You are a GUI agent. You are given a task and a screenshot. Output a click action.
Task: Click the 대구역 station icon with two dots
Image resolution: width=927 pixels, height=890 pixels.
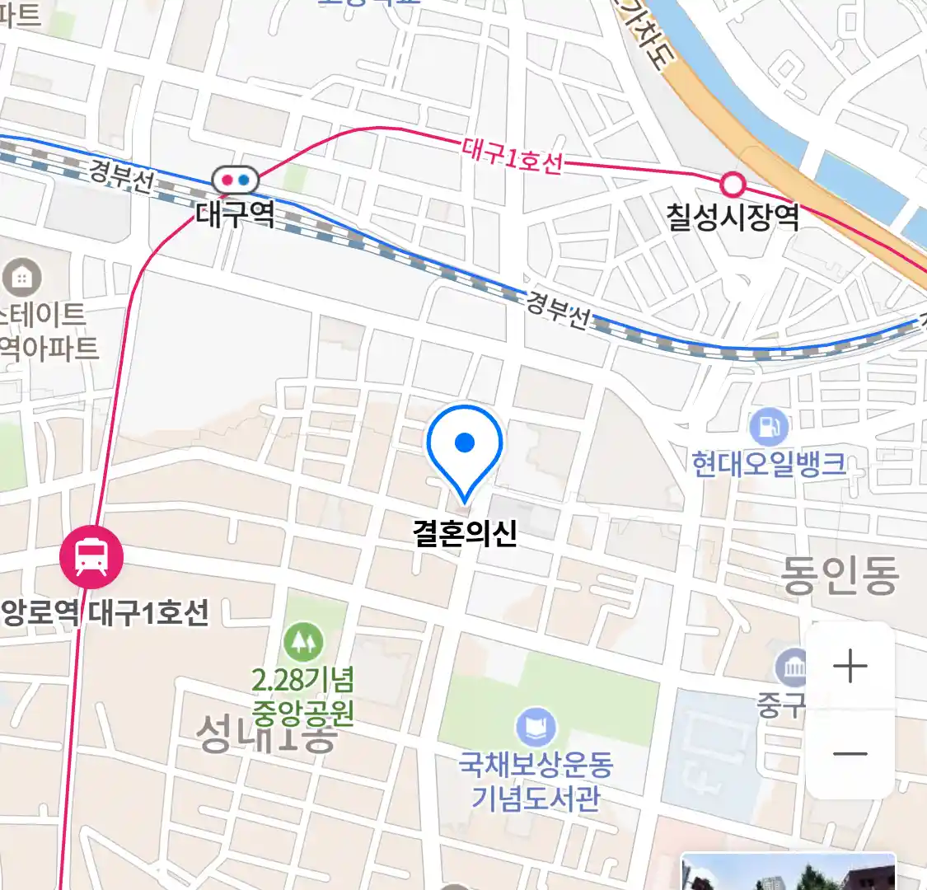[x=236, y=180]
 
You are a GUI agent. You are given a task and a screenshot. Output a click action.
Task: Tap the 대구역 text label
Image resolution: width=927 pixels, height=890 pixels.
[x=236, y=214]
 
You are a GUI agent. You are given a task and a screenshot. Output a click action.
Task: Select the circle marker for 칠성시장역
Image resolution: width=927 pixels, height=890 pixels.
[x=732, y=183]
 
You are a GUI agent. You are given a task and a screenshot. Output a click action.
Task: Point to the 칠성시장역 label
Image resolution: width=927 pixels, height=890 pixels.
[x=733, y=217]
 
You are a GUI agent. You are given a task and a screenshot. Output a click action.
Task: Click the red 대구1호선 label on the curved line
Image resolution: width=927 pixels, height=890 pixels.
[x=512, y=157]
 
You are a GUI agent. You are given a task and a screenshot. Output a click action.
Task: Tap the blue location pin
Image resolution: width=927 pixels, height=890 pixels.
[x=465, y=446]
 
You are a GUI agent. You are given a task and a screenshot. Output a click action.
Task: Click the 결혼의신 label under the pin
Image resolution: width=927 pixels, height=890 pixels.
[x=465, y=532]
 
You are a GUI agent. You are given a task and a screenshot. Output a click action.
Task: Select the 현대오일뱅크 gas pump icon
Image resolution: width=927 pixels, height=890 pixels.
[x=769, y=427]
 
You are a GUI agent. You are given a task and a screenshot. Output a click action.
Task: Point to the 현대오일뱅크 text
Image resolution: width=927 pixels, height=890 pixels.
[x=769, y=464]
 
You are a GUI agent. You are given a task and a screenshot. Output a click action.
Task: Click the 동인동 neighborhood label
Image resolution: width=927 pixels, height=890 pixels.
[x=839, y=575]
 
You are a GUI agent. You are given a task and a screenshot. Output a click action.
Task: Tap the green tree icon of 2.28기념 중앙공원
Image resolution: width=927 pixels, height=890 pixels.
[x=303, y=642]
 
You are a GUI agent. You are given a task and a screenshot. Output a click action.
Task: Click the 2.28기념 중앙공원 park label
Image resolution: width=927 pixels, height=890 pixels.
[x=303, y=696]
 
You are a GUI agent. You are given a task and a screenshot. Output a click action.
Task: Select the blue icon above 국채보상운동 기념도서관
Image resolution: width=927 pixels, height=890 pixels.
[x=536, y=728]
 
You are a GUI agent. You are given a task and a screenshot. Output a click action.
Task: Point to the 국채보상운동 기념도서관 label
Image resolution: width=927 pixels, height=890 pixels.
[x=536, y=781]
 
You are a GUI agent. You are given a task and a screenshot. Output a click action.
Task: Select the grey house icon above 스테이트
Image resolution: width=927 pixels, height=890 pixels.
[x=22, y=278]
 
